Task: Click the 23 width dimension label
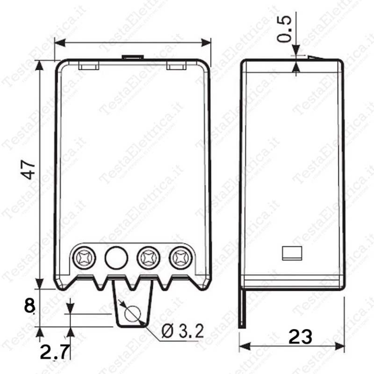click(x=300, y=337)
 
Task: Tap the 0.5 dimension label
click(x=284, y=29)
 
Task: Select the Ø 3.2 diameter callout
click(x=183, y=331)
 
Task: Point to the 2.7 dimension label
click(x=55, y=352)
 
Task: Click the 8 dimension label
click(x=29, y=306)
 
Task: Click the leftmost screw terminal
click(x=84, y=258)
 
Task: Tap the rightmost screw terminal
click(x=181, y=258)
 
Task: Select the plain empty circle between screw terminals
click(x=116, y=258)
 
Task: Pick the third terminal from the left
click(x=149, y=258)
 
